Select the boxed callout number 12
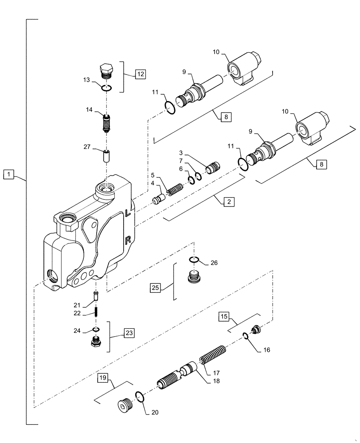(x=140, y=74)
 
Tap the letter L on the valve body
(x=128, y=213)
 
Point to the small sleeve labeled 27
(x=106, y=156)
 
